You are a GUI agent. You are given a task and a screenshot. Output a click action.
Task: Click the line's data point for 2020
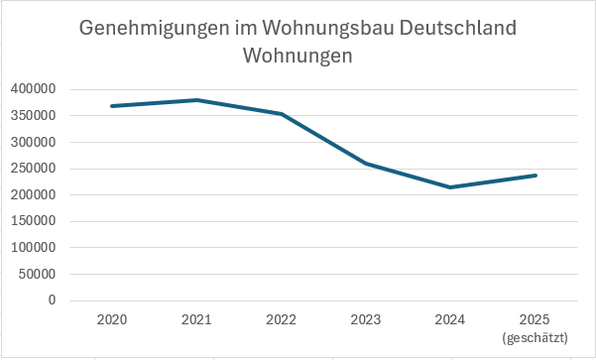point(112,106)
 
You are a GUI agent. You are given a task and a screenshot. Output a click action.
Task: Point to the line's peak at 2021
point(197,100)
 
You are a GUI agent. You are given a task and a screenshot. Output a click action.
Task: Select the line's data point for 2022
point(282,114)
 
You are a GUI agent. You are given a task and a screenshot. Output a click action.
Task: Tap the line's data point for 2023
point(366,164)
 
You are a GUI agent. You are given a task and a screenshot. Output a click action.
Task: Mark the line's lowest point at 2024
point(451,187)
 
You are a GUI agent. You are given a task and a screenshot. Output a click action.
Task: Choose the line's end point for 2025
point(536,176)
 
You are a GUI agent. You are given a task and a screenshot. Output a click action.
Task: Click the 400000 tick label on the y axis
point(35,89)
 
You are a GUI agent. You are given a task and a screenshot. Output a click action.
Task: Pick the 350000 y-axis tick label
point(35,116)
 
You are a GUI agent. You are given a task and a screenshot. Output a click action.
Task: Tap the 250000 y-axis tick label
point(35,169)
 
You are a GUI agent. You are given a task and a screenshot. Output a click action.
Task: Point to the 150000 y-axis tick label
point(35,221)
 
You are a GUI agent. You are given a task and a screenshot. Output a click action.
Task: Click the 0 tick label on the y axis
point(52,300)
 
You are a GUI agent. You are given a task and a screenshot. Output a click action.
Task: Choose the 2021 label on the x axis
point(197,320)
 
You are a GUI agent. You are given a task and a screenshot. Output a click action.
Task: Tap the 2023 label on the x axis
point(366,320)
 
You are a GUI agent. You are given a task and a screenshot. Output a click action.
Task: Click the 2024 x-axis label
point(451,320)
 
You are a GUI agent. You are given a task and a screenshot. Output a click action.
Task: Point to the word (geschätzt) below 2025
point(536,337)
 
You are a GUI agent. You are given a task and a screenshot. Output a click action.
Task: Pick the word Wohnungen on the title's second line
point(298,57)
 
